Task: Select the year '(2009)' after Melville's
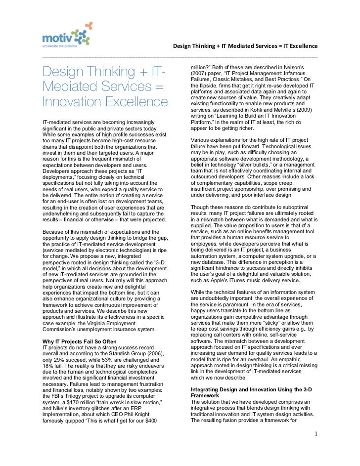308,113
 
